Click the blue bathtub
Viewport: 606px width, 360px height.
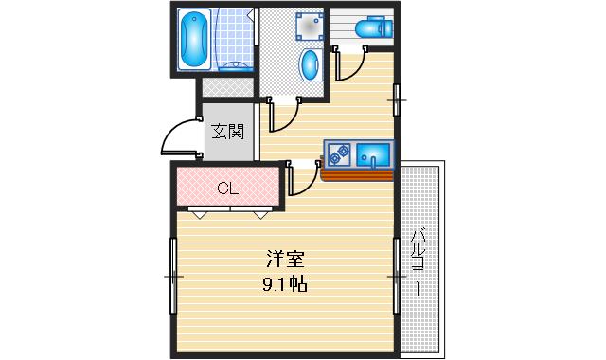(195, 40)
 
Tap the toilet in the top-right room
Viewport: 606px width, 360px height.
(370, 28)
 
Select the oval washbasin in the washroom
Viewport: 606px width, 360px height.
(311, 65)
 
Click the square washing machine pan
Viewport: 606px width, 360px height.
(308, 27)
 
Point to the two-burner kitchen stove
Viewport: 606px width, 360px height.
(339, 153)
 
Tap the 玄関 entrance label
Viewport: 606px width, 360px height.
(228, 131)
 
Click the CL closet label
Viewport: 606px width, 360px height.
(227, 187)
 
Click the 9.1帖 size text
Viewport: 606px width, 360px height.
(285, 283)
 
